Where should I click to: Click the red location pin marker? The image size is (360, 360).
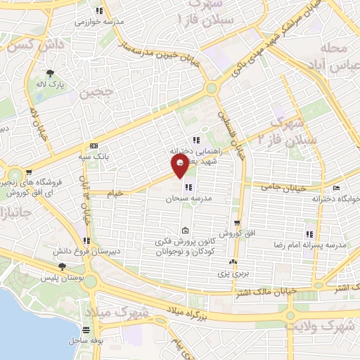pyautogui.click(x=179, y=166)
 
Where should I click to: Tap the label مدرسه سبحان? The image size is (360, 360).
pyautogui.click(x=169, y=198)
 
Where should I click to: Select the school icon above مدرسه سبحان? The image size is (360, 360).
pyautogui.click(x=188, y=187)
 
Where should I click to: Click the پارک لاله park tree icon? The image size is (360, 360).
pyautogui.click(x=50, y=73)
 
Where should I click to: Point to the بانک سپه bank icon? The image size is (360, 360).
pyautogui.click(x=94, y=146)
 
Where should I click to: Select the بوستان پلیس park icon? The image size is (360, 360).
pyautogui.click(x=63, y=266)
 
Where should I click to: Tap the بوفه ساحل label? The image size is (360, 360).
pyautogui.click(x=85, y=340)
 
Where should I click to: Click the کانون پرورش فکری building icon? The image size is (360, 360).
pyautogui.click(x=184, y=231)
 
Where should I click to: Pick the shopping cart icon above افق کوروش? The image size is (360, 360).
pyautogui.click(x=238, y=222)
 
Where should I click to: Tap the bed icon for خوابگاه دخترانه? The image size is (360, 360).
pyautogui.click(x=337, y=188)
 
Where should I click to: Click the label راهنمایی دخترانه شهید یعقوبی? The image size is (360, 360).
pyautogui.click(x=196, y=155)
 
